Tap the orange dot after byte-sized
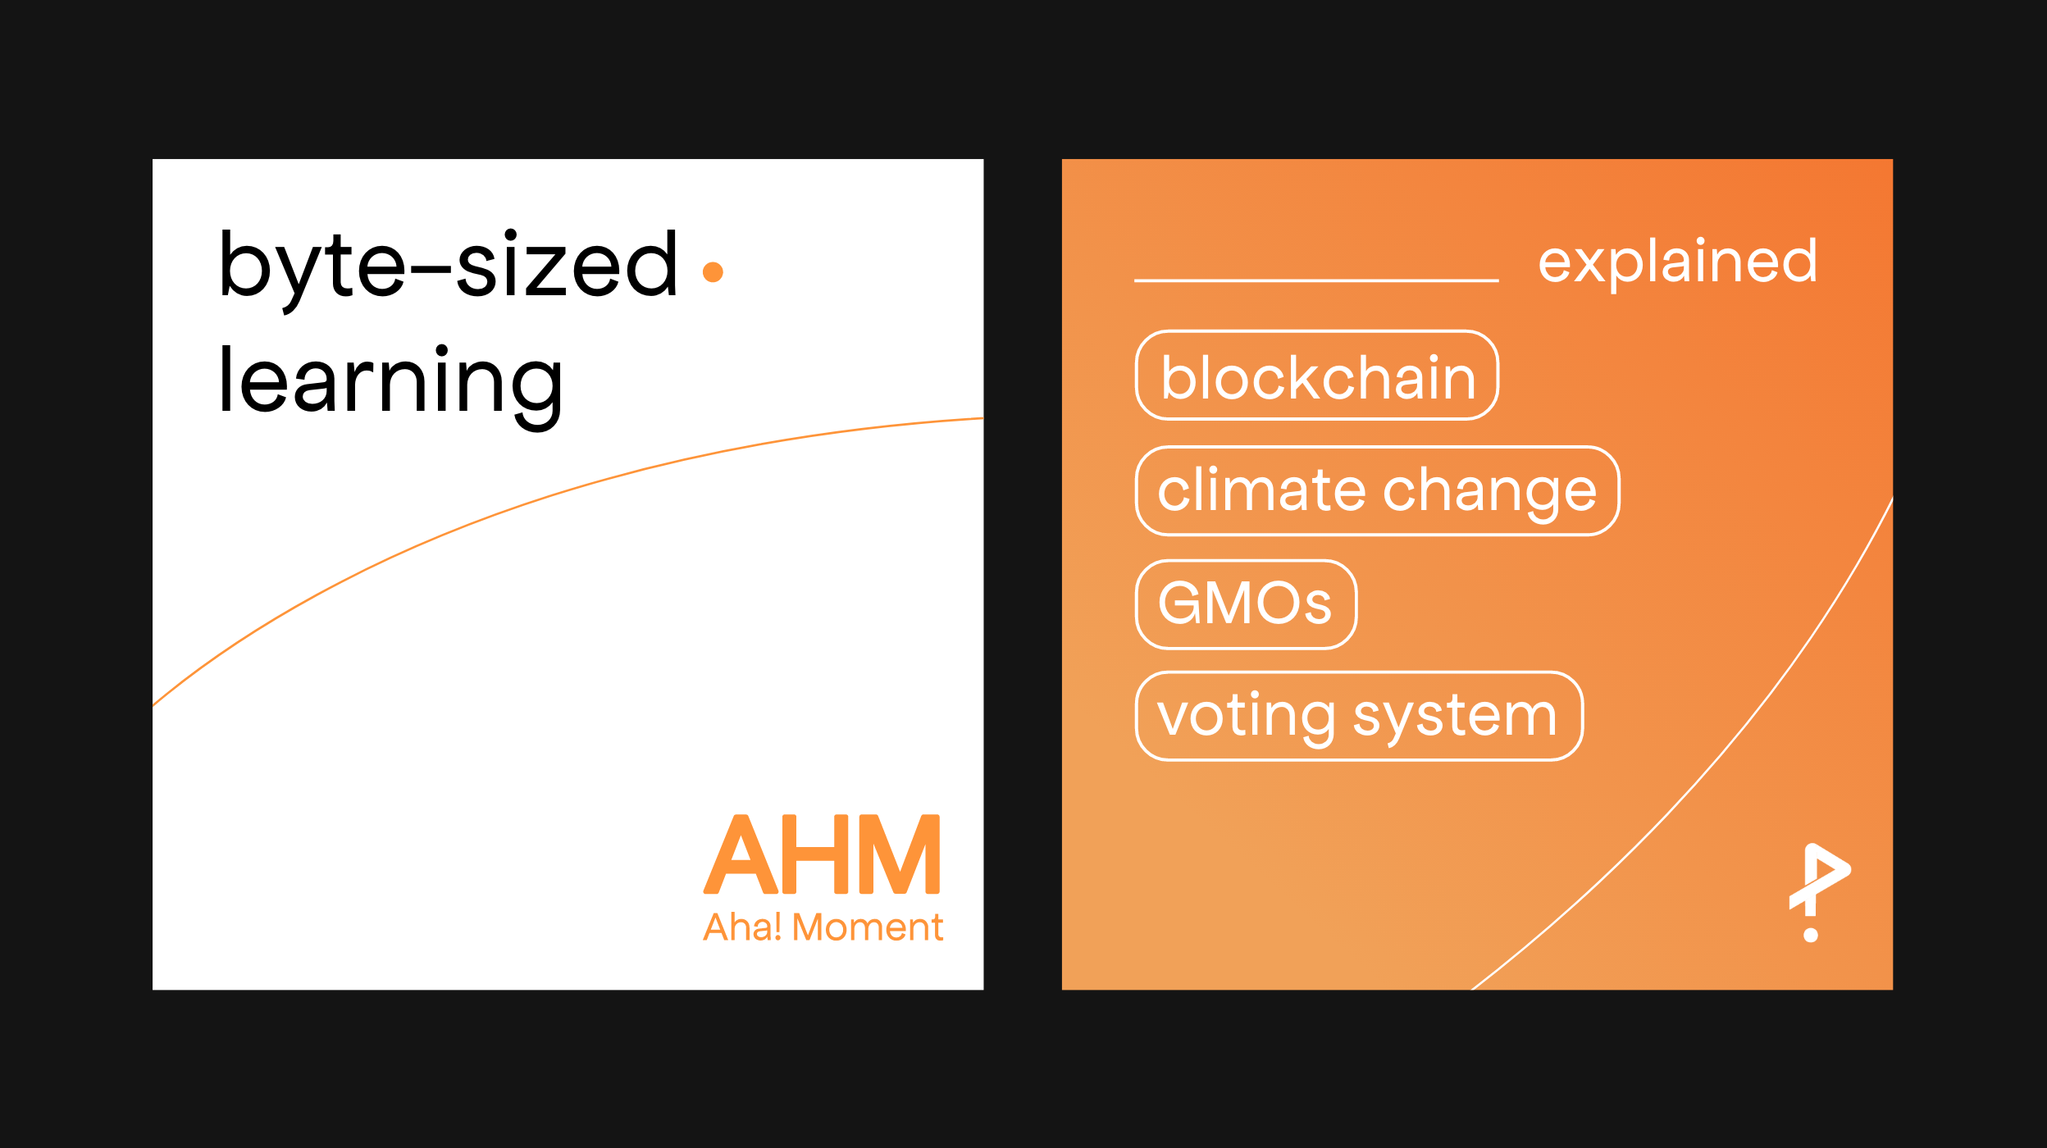coord(713,271)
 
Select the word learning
coord(390,386)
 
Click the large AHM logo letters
coord(822,854)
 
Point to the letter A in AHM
coord(741,854)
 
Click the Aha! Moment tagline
coord(823,927)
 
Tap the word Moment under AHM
coord(868,927)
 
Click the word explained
coord(1677,262)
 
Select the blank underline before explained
coord(1316,280)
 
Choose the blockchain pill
coord(1317,376)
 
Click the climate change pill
coord(1378,491)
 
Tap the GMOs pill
coord(1246,604)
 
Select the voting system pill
coord(1359,717)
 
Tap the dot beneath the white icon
coord(1811,935)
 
